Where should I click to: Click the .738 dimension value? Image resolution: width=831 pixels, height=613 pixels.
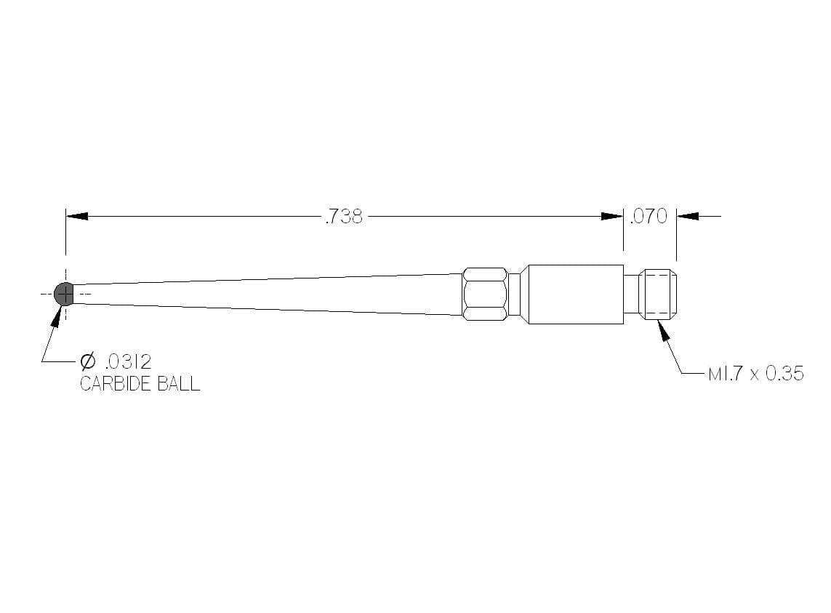pyautogui.click(x=344, y=217)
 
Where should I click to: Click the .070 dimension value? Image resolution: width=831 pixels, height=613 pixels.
pyautogui.click(x=649, y=217)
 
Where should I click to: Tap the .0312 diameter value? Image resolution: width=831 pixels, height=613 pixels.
pyautogui.click(x=129, y=361)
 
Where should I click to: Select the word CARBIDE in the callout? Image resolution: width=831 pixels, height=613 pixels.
pyautogui.click(x=111, y=383)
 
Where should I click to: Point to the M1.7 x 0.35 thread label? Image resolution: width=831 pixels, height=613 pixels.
pyautogui.click(x=756, y=373)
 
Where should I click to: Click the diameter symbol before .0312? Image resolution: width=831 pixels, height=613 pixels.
pyautogui.click(x=87, y=361)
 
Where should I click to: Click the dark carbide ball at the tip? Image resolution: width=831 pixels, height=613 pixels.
pyautogui.click(x=63, y=294)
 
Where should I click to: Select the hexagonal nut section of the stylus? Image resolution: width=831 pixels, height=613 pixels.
pyautogui.click(x=485, y=295)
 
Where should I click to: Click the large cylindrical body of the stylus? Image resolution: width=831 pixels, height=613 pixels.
pyautogui.click(x=576, y=295)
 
